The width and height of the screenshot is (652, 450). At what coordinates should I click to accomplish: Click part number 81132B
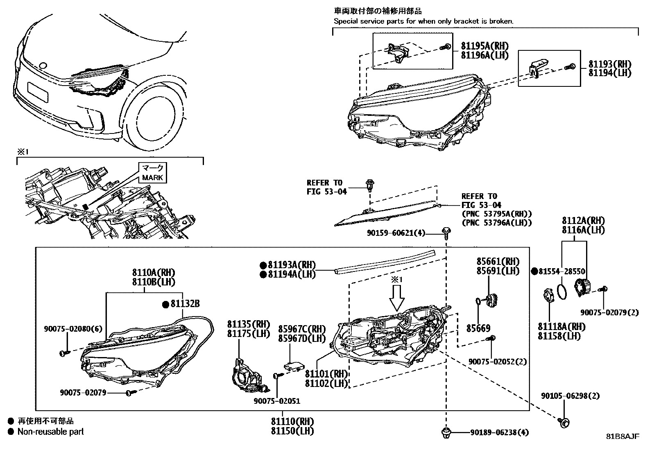[x=185, y=304]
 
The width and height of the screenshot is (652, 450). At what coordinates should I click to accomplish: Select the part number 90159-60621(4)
[x=396, y=233]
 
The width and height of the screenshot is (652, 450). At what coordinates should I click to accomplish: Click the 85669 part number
[x=478, y=328]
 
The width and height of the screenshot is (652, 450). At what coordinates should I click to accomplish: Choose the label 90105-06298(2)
[x=564, y=396]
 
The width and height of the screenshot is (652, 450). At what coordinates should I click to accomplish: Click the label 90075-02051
[x=276, y=401]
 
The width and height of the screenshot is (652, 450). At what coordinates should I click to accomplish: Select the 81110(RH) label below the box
[x=292, y=421]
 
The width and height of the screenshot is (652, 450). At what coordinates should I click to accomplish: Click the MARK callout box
[x=152, y=172]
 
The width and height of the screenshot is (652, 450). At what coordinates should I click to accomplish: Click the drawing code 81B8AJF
[x=623, y=436]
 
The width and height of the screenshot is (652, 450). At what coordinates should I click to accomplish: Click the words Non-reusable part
[x=50, y=432]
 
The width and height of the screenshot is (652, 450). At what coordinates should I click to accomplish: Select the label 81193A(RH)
[x=292, y=265]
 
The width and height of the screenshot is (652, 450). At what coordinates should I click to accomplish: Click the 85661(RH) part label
[x=498, y=262]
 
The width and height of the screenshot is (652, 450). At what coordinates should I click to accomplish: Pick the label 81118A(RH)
[x=561, y=327]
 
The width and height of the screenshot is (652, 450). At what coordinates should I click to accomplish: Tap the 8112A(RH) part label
[x=583, y=221]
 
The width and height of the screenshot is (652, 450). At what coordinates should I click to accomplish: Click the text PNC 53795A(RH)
[x=496, y=214]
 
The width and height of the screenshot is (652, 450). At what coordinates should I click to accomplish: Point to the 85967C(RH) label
[x=302, y=329]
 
